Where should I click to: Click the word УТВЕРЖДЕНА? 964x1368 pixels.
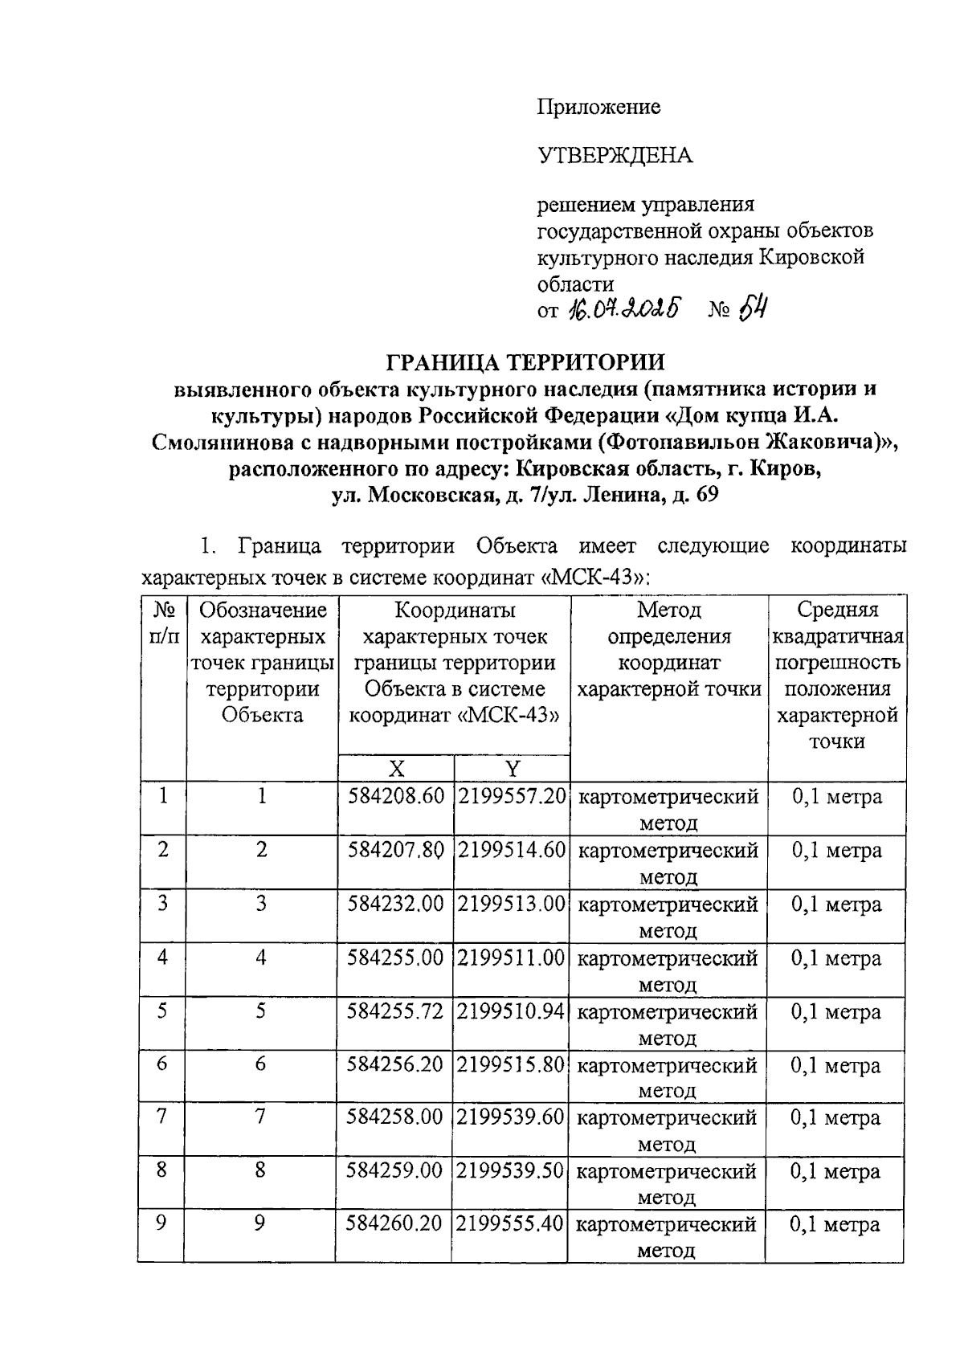point(614,156)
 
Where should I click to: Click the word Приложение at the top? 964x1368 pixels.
point(598,107)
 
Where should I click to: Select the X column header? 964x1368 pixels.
point(396,769)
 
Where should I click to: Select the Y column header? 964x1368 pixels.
point(512,769)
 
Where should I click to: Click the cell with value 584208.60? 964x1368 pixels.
point(396,797)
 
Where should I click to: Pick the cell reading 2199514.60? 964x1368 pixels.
point(512,850)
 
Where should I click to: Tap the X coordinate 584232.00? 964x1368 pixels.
point(396,904)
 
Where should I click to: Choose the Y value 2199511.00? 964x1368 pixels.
point(512,958)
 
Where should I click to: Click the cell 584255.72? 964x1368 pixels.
point(395,1011)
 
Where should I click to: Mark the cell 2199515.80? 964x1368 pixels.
point(511,1065)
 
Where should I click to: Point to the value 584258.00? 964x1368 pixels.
point(395,1118)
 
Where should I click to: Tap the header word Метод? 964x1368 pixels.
point(669,610)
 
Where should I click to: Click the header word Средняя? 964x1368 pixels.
point(837,610)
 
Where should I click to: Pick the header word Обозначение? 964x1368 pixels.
point(263,610)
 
